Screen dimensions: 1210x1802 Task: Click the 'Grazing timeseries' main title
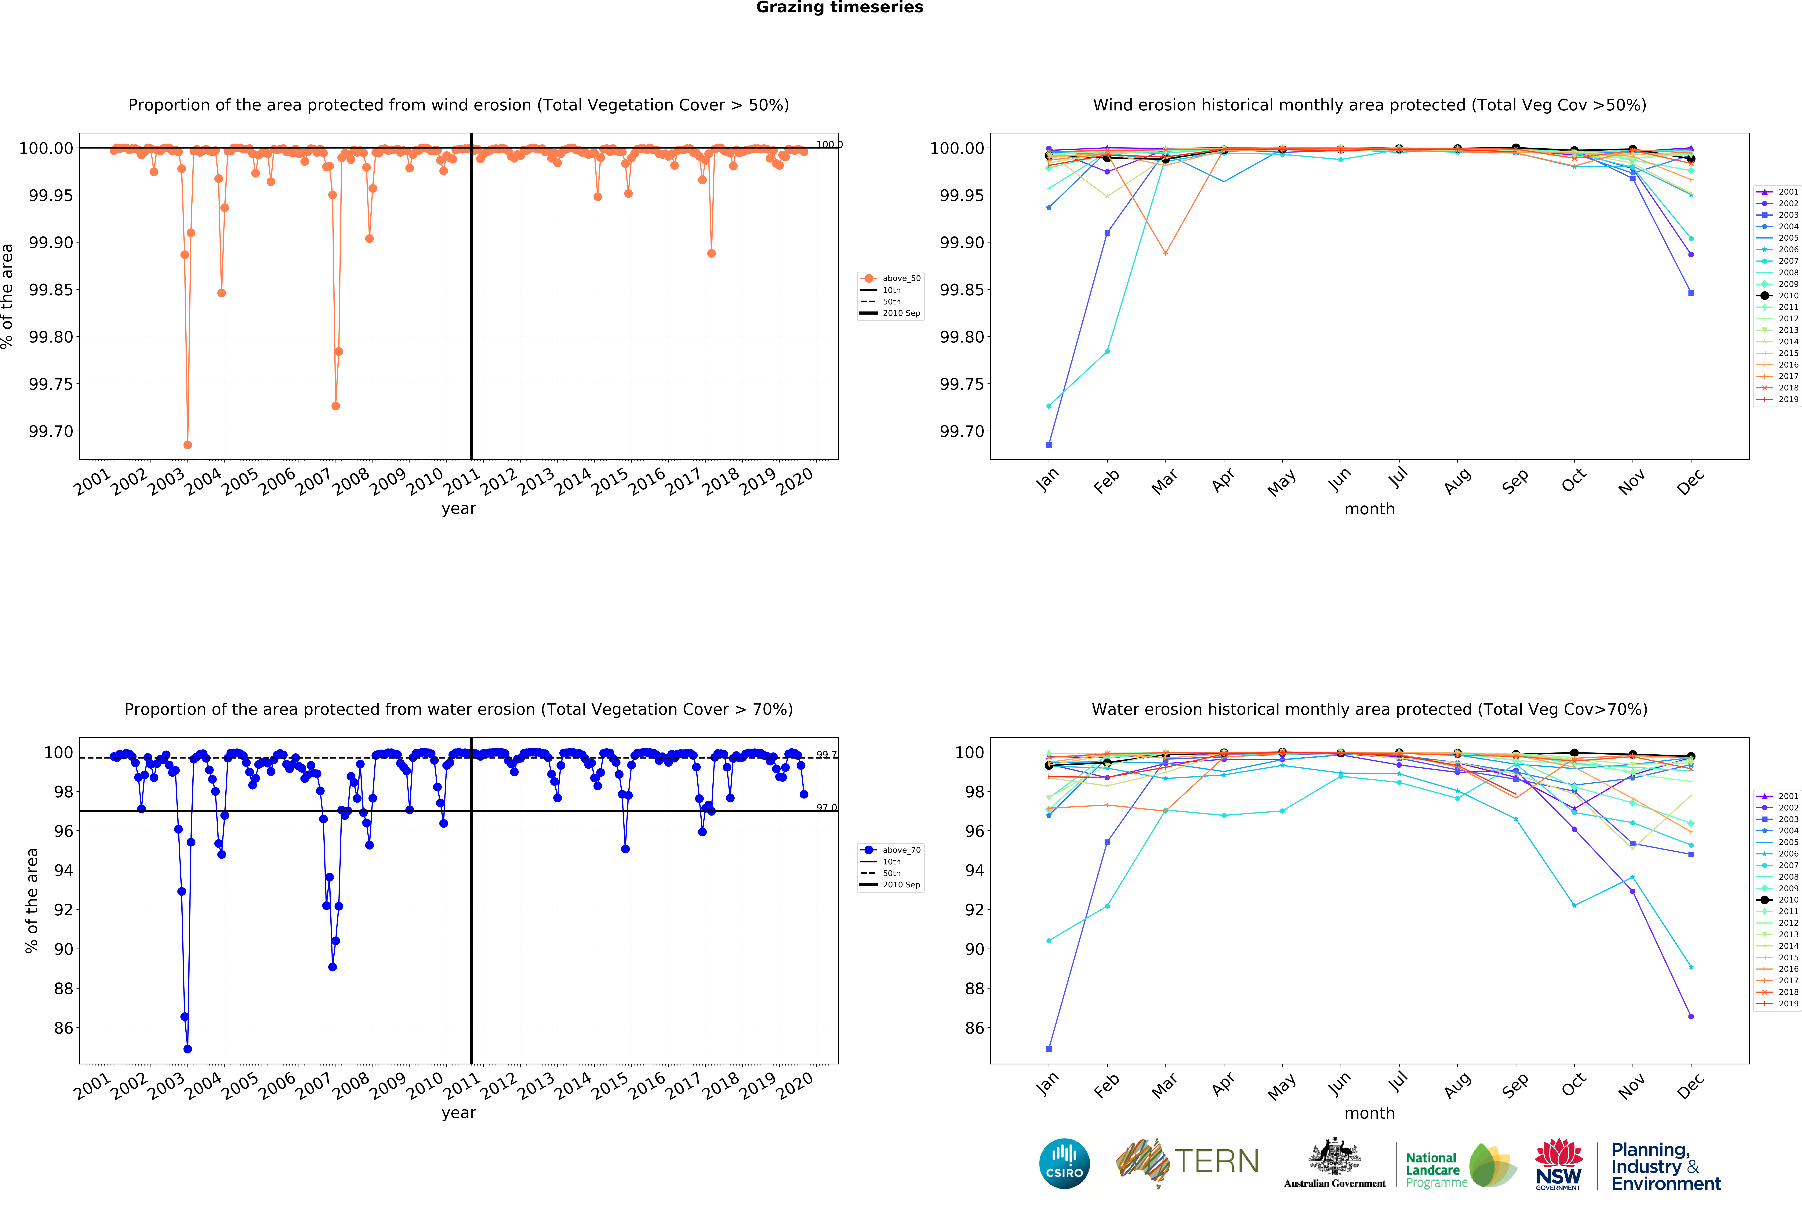[839, 8]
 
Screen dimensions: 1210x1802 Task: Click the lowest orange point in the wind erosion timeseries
[188, 444]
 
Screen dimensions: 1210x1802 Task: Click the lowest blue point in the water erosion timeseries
[188, 1049]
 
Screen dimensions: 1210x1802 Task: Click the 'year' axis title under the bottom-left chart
[459, 1113]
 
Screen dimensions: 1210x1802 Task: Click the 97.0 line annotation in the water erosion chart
[826, 807]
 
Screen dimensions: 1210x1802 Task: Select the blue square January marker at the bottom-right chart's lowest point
[1048, 1049]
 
